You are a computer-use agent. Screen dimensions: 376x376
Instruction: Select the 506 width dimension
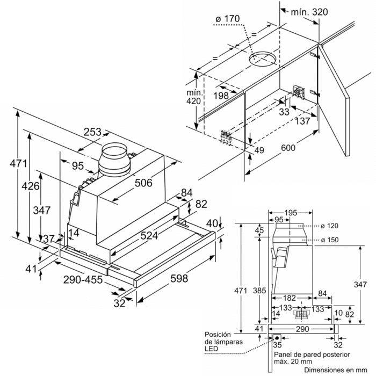point(143,183)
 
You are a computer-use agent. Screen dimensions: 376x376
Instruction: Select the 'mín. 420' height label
point(193,97)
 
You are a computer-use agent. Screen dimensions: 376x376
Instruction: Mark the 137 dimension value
point(303,121)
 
